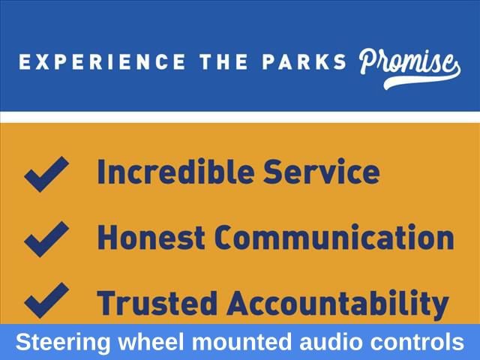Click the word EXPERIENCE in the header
(102, 61)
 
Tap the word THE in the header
(223, 61)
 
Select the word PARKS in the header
(304, 61)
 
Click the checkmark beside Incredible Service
(46, 174)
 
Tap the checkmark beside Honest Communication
(46, 239)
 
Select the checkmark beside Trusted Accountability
(46, 300)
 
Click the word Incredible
(175, 172)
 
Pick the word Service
(322, 172)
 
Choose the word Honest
(151, 237)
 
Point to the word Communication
(334, 237)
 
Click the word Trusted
(157, 303)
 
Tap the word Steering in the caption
(63, 343)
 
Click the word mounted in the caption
(241, 342)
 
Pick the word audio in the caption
(331, 342)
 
